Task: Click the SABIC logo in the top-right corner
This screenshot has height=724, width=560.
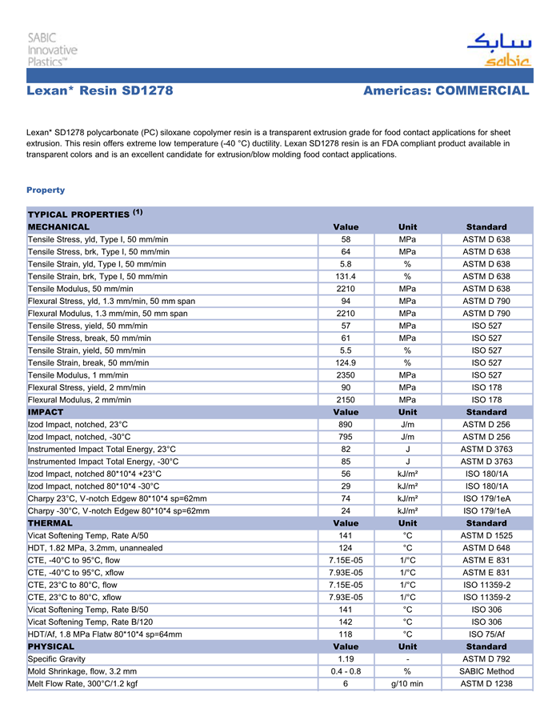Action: point(499,50)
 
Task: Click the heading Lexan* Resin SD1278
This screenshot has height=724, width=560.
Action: point(99,91)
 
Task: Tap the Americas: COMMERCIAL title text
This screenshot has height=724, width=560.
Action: point(446,91)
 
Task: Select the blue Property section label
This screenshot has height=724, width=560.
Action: point(46,190)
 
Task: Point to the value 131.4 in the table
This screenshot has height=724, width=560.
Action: point(346,277)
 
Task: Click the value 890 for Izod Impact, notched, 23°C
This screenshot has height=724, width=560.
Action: point(346,424)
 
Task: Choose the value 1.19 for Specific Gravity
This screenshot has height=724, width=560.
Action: point(346,658)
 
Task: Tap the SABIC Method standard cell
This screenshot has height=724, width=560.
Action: point(486,671)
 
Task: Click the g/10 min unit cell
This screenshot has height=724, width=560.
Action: point(407,684)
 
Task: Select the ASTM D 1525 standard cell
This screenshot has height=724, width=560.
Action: point(486,535)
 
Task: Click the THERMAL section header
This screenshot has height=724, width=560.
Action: point(50,523)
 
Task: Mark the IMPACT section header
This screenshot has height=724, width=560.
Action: point(46,412)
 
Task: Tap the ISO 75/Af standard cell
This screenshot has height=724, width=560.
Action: point(486,634)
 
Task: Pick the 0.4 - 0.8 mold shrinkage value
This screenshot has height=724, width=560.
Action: point(346,671)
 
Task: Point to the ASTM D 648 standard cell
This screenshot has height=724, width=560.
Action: point(486,548)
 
